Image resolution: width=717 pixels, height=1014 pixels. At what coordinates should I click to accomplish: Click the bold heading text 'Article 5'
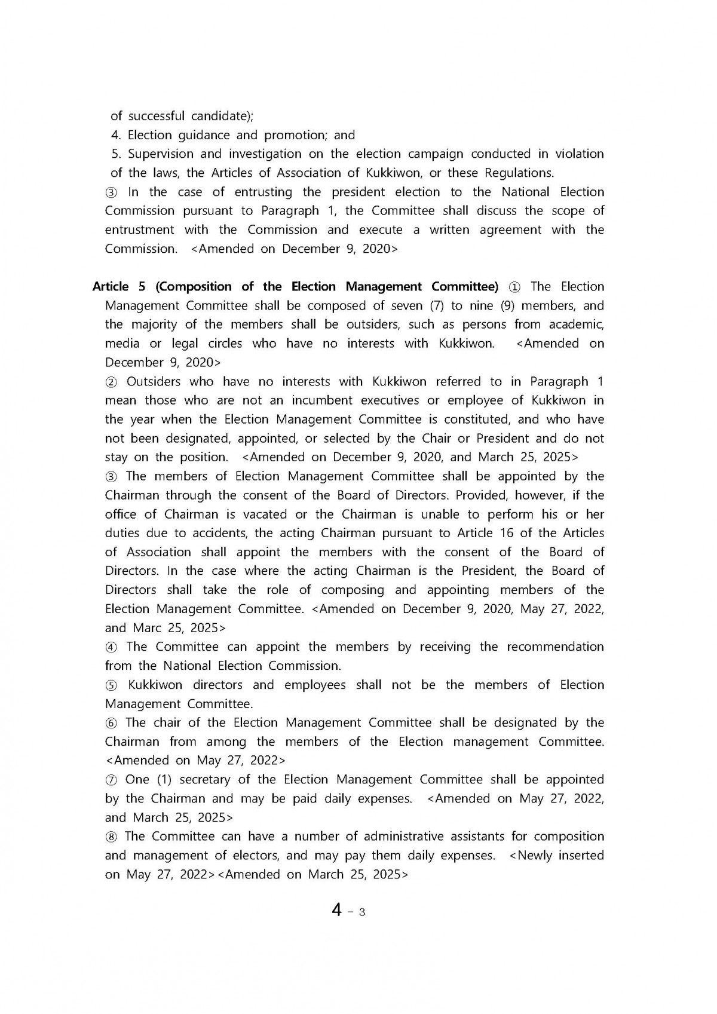[x=119, y=287]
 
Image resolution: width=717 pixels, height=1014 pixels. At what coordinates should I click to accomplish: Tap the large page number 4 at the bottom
[x=338, y=911]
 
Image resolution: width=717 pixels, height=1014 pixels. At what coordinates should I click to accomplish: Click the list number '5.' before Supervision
[x=117, y=154]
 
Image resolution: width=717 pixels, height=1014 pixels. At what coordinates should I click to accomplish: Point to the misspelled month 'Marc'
[x=147, y=628]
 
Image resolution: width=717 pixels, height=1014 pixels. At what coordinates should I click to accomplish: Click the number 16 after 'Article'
[x=507, y=533]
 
